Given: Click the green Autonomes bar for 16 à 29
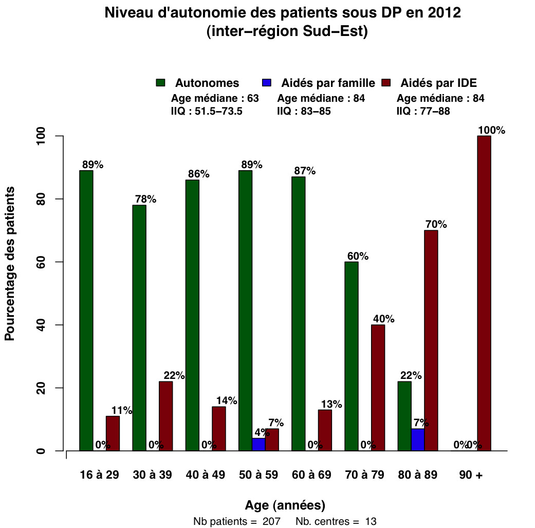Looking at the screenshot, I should click(86, 311).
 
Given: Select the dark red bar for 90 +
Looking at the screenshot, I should click(484, 293).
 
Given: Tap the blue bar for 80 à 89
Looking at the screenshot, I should click(418, 440).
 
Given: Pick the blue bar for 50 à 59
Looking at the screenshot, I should click(259, 445).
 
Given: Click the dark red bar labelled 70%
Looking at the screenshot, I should click(431, 340).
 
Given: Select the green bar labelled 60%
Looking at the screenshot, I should click(351, 356).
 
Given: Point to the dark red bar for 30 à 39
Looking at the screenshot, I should click(165, 416).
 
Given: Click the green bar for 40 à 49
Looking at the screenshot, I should click(192, 315).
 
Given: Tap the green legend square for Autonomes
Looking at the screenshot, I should click(160, 83).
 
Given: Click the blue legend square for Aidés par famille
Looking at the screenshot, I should click(267, 83).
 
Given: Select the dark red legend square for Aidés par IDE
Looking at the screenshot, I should click(386, 83).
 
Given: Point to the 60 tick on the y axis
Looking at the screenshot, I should click(59, 262).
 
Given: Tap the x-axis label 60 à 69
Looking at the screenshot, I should click(311, 475).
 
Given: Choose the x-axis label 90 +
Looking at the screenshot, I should click(471, 475).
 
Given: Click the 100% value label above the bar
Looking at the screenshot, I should click(491, 130).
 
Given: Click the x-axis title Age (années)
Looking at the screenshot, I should click(285, 504).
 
